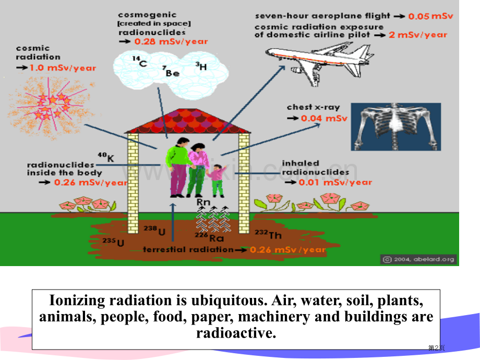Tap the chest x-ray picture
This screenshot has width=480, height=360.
coord(395,126)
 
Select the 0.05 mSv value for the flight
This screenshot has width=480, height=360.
coord(430,16)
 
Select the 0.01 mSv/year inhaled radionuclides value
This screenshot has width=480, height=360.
coord(335,182)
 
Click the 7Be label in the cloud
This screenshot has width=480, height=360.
coord(171,72)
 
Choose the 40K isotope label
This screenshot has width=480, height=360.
coord(106,156)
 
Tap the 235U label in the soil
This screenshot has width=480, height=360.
coord(114,242)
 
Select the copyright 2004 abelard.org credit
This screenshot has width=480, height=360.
coord(419,259)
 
